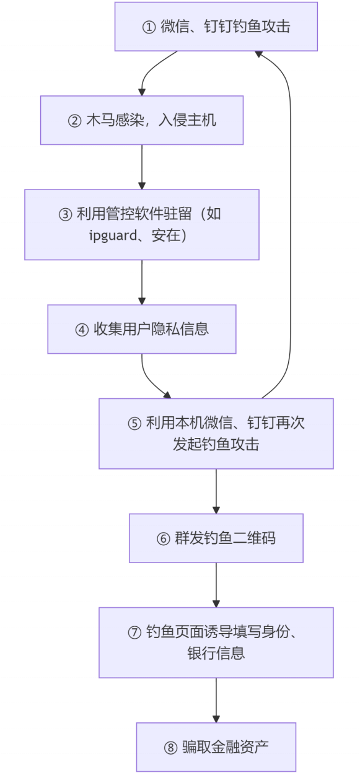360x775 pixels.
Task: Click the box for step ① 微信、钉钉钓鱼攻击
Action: click(216, 27)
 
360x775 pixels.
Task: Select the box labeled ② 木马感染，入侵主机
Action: click(142, 120)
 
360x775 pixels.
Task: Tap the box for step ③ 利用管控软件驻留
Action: click(142, 224)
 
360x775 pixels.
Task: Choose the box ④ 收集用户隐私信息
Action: click(142, 329)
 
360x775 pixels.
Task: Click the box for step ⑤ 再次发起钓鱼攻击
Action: click(216, 433)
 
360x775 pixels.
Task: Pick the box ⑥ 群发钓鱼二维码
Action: click(216, 538)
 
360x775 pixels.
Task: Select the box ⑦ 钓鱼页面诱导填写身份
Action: click(216, 642)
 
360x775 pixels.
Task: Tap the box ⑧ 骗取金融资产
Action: click(216, 747)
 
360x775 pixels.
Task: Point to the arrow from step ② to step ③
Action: click(142, 166)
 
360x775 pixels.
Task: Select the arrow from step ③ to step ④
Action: click(142, 282)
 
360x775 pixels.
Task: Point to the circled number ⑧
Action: click(170, 747)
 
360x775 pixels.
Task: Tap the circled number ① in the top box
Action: click(149, 27)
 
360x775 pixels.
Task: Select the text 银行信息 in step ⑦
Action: click(216, 653)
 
